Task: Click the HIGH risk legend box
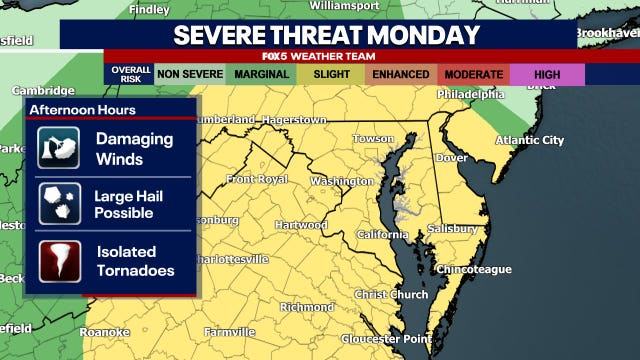tap(546, 74)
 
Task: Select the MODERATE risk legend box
tap(473, 74)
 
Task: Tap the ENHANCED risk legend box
tap(400, 74)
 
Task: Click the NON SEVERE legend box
tap(190, 74)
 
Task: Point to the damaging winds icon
tap(59, 147)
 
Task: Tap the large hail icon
tap(59, 203)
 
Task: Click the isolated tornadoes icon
tap(59, 260)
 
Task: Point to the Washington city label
tap(341, 181)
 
